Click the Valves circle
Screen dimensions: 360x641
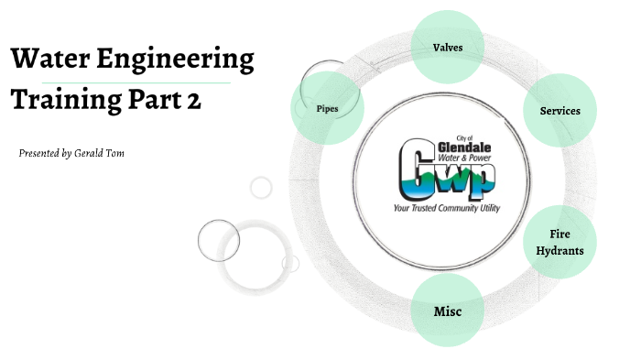click(447, 47)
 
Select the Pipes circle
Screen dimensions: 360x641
click(328, 108)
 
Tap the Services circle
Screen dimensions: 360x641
click(560, 111)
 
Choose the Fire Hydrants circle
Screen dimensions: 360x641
click(560, 243)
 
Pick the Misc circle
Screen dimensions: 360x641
click(447, 311)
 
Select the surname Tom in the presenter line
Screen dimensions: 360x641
click(114, 153)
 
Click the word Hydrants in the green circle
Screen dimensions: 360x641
click(560, 251)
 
